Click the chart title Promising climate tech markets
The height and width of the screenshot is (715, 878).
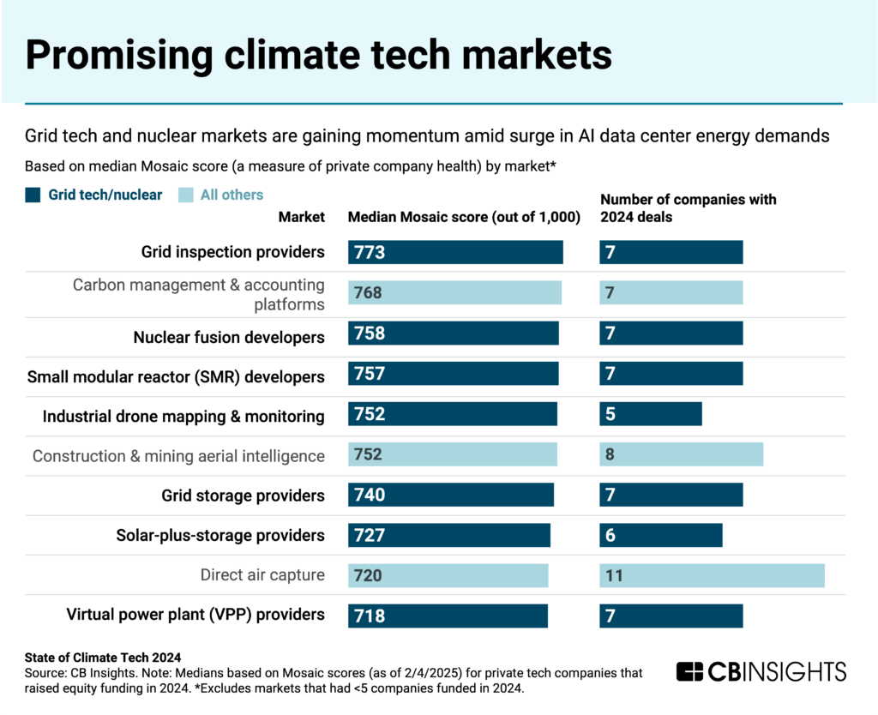[x=318, y=54]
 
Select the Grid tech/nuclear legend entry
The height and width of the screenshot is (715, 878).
[x=93, y=195]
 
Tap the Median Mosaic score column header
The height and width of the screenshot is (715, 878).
[x=464, y=217]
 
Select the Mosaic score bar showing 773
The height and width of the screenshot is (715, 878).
[x=455, y=252]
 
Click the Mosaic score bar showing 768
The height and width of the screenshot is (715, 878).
[x=454, y=293]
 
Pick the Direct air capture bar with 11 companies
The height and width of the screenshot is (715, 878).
[x=712, y=575]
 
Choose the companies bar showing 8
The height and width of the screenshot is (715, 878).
[x=681, y=455]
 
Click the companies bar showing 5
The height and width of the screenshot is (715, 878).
[x=651, y=415]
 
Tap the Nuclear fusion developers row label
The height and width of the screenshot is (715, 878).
[x=229, y=337]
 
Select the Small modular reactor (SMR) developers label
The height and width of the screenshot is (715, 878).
[x=176, y=376]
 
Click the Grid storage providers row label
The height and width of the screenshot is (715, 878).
[x=243, y=496]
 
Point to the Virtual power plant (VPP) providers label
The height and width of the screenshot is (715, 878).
[x=195, y=614]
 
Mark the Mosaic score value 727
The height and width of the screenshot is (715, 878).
[x=370, y=536]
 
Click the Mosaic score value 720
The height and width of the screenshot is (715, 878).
[x=368, y=575]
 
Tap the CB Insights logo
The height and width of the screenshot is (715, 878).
[x=761, y=671]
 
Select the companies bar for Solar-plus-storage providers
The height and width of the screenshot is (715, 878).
[x=660, y=535]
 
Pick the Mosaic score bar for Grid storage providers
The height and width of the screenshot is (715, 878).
[x=451, y=496]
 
